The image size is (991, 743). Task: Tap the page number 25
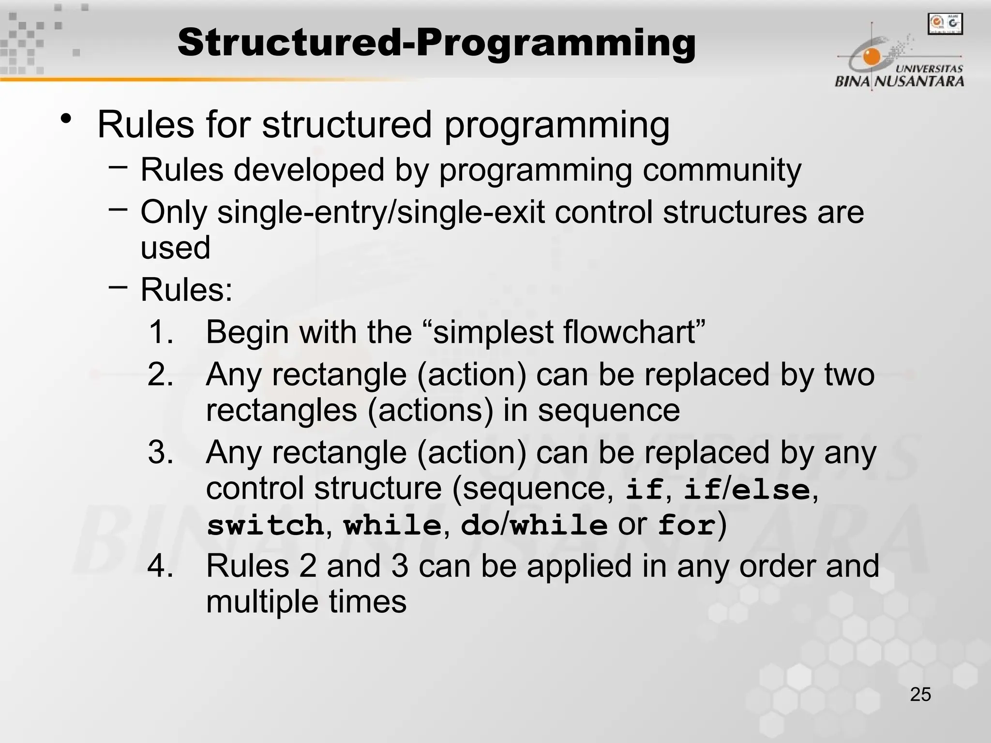[920, 695]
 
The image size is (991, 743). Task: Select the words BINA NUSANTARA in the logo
[899, 81]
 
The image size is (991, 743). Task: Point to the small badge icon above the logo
[945, 24]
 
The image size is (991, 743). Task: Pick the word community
[722, 170]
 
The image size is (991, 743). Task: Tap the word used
[175, 248]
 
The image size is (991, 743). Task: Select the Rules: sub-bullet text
[186, 290]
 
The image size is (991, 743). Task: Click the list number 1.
[161, 332]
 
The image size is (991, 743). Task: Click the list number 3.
[161, 453]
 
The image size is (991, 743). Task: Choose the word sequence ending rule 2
[609, 411]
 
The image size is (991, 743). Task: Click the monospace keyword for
[686, 525]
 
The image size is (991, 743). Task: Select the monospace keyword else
[771, 489]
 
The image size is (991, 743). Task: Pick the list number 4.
[161, 566]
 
